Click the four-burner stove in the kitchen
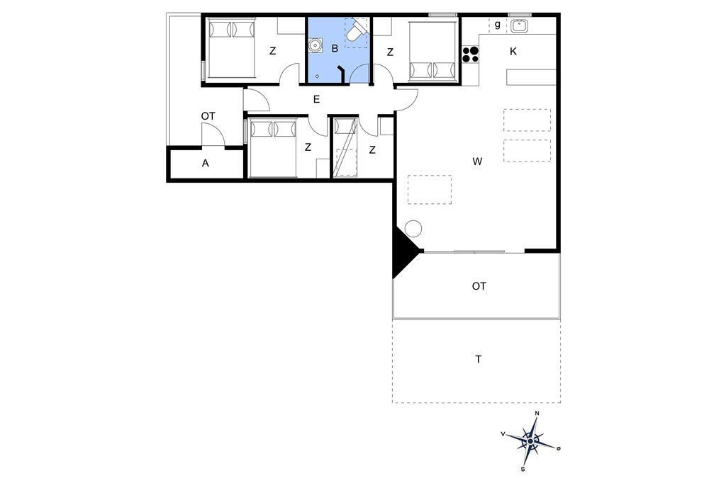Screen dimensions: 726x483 tap(470, 55)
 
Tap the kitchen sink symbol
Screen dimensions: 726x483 tap(520, 25)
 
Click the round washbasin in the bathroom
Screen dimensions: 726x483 tap(315, 46)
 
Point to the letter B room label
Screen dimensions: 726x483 tap(335, 48)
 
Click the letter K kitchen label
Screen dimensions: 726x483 tap(513, 52)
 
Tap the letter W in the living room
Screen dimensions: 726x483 tap(477, 161)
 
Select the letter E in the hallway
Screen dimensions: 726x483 tap(316, 99)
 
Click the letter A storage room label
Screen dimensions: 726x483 tap(205, 163)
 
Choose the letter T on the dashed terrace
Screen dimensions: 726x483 tap(479, 359)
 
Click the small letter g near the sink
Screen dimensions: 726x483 tap(498, 25)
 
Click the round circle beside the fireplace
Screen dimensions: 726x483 tap(413, 229)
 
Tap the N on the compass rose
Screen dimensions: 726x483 tap(537, 413)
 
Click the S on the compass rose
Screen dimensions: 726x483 tap(523, 469)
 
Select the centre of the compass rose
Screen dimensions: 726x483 tap(530, 442)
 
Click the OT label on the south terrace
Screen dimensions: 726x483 tap(479, 286)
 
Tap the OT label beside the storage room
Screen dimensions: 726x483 tap(208, 116)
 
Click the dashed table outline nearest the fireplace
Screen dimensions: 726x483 tap(430, 189)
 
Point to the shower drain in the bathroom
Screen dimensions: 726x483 tap(317, 75)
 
